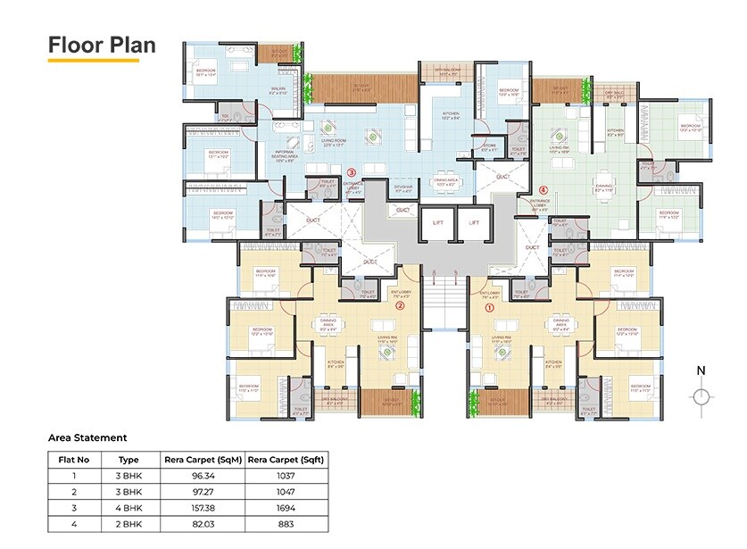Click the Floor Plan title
pyautogui.click(x=101, y=45)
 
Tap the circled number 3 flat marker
pyautogui.click(x=351, y=172)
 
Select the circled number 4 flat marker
pyautogui.click(x=544, y=189)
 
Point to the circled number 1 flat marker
pyautogui.click(x=488, y=306)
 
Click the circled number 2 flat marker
pyautogui.click(x=401, y=305)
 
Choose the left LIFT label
pyautogui.click(x=437, y=221)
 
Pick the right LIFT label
pyautogui.click(x=474, y=221)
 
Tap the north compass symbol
pyautogui.click(x=702, y=395)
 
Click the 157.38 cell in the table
pyautogui.click(x=203, y=508)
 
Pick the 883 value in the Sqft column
pyautogui.click(x=286, y=524)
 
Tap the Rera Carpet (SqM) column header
pyautogui.click(x=203, y=459)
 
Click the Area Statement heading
pyautogui.click(x=87, y=437)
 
